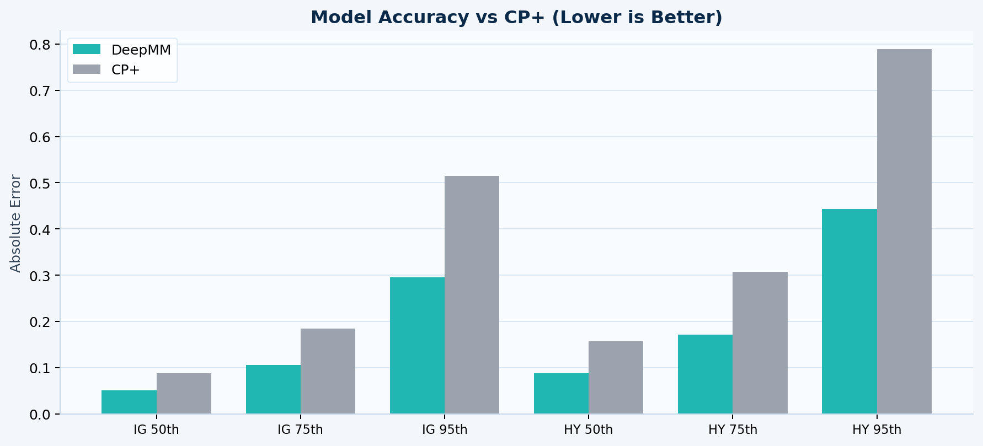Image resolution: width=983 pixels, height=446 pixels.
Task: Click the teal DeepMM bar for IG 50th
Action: (129, 402)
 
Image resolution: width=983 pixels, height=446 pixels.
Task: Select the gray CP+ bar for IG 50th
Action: (184, 394)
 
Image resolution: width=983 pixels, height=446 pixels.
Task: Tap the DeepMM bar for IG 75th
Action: (273, 389)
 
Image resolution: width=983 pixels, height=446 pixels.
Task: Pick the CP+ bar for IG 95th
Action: (472, 295)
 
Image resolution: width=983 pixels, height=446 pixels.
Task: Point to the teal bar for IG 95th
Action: (417, 346)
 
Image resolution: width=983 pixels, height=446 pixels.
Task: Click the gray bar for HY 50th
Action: (616, 378)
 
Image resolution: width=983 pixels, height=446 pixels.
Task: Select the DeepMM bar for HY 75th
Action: (705, 374)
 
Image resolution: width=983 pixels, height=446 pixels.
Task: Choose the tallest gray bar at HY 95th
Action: (904, 232)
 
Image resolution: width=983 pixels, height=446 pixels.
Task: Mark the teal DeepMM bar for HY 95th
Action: (849, 311)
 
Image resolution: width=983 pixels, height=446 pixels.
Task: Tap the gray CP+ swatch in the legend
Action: (87, 69)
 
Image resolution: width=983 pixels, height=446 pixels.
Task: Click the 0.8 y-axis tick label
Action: (40, 44)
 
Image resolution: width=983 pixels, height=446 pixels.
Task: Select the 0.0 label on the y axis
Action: (40, 414)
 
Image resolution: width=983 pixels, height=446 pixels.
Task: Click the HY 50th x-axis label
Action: (588, 429)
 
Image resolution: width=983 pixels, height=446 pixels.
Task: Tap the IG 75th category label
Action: (300, 429)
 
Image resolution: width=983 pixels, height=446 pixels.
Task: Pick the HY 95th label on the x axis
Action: (877, 429)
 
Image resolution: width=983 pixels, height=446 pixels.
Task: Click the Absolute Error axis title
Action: (15, 223)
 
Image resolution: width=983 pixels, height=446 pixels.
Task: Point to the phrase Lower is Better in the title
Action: (637, 17)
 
